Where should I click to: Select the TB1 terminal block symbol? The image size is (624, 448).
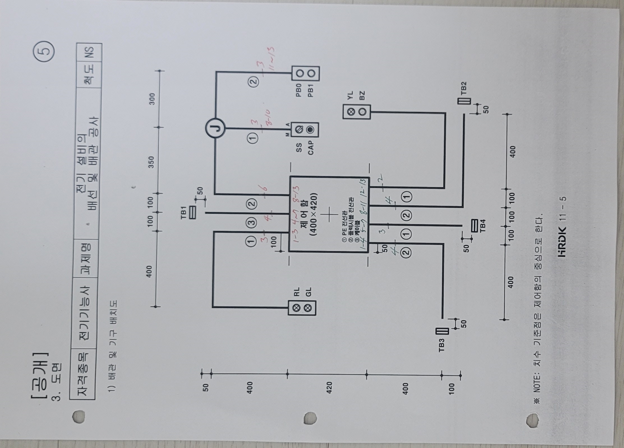(x=193, y=213)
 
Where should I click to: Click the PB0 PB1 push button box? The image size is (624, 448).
(x=305, y=73)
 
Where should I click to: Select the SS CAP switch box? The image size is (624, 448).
(x=305, y=130)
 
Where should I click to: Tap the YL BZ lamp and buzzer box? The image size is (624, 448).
(x=356, y=112)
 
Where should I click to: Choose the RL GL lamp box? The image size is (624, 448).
(x=302, y=308)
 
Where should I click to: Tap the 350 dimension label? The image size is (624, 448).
(x=151, y=162)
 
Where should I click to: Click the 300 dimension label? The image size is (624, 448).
(x=152, y=99)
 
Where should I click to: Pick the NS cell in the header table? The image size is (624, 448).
(x=90, y=51)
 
